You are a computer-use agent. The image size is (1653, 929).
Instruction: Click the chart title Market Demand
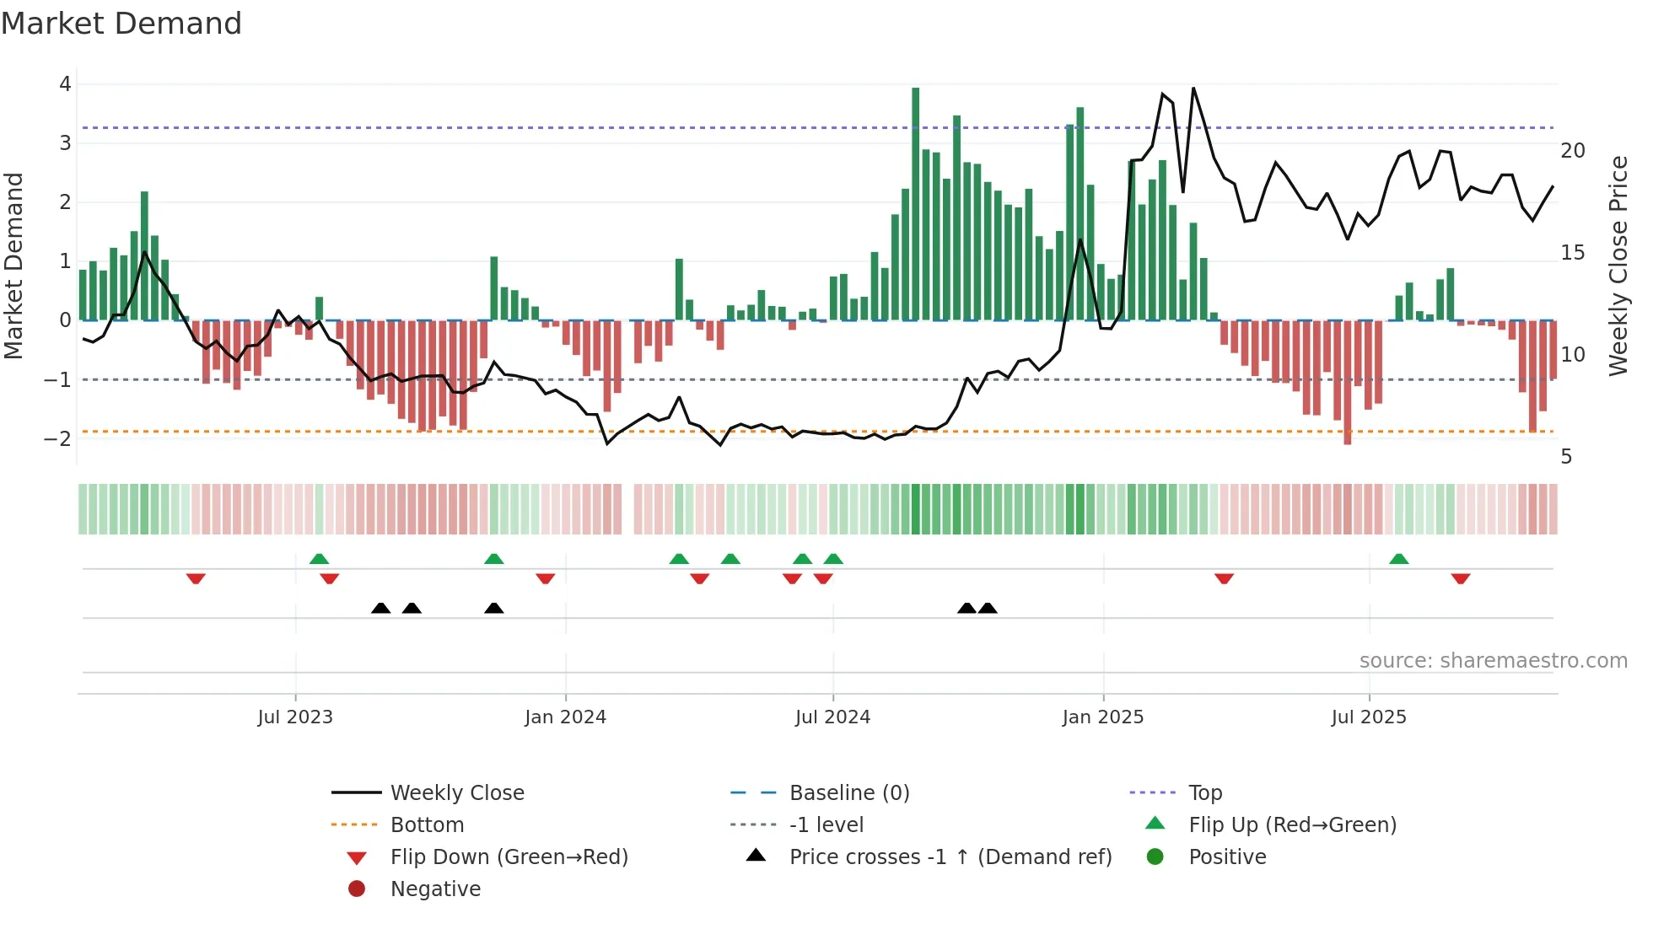[121, 24]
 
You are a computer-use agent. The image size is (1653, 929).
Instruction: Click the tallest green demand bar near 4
[915, 202]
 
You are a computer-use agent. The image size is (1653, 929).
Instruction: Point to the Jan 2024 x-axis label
[565, 717]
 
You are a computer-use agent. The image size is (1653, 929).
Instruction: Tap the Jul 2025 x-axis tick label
[1369, 717]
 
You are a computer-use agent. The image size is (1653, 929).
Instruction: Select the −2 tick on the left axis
[57, 438]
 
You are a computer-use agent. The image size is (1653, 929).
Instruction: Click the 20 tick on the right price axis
[1573, 151]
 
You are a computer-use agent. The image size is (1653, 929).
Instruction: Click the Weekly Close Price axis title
[1618, 266]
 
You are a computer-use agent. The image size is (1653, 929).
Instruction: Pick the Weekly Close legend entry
[456, 793]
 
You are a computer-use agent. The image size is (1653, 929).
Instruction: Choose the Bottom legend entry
[427, 825]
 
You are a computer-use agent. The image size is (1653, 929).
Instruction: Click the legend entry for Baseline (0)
[848, 793]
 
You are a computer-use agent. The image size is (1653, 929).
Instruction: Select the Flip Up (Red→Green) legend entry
[1292, 825]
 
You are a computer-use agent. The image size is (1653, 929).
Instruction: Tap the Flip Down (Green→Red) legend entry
[509, 857]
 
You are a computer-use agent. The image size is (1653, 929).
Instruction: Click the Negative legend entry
[435, 889]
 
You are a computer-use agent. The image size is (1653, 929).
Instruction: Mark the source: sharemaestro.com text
[1493, 661]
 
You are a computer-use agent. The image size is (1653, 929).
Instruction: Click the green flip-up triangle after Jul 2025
[1398, 559]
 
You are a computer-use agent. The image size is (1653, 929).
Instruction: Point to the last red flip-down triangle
[1461, 578]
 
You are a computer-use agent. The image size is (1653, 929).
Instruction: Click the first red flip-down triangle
[196, 578]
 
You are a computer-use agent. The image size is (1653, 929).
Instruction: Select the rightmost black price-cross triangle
[988, 608]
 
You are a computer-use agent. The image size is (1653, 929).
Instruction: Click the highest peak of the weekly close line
[1193, 89]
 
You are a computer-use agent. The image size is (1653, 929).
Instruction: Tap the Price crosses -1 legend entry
[950, 857]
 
